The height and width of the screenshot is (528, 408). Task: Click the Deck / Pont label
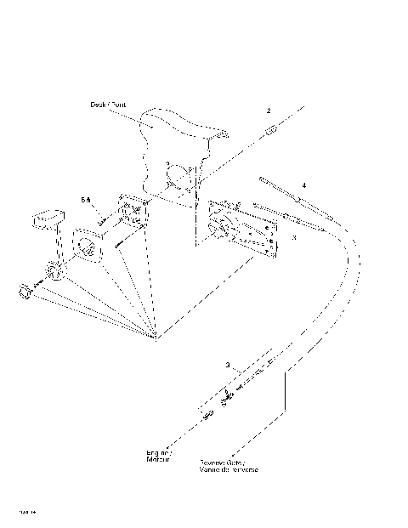pos(108,105)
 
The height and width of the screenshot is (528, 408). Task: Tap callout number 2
pos(268,111)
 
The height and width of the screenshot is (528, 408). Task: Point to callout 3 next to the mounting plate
pos(293,239)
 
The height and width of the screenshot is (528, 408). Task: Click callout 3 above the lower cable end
pos(228,365)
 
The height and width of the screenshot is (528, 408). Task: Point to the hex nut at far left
pos(23,292)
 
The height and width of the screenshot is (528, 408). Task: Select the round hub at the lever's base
pos(53,273)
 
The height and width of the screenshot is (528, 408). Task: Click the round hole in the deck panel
pos(179,180)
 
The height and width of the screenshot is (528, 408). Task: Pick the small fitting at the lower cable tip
pos(207,414)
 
